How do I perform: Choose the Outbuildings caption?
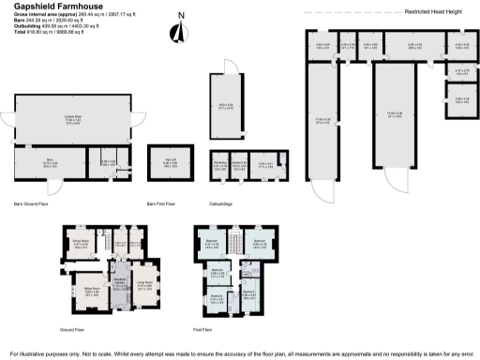pos(221,202)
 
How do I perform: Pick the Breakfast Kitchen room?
pos(120,285)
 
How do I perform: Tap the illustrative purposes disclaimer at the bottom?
pos(240,353)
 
